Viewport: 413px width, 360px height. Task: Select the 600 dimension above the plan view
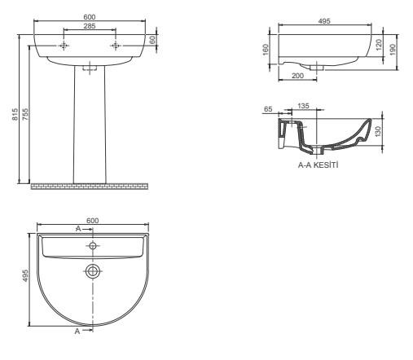click(x=91, y=220)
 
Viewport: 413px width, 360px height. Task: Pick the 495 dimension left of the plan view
click(x=25, y=276)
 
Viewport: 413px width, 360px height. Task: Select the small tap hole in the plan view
click(x=93, y=244)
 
